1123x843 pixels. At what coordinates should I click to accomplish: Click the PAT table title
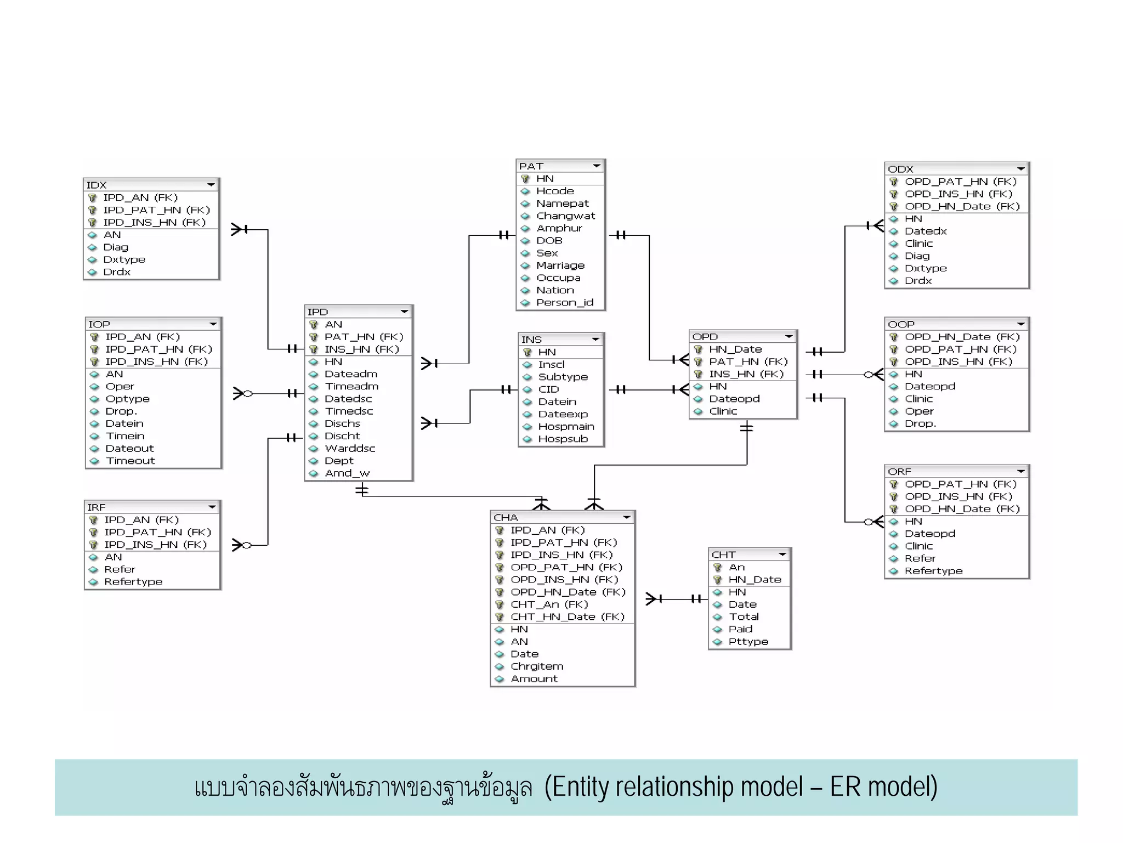click(531, 166)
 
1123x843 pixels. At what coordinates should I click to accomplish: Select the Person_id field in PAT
click(564, 303)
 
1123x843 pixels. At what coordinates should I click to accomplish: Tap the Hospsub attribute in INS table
click(563, 439)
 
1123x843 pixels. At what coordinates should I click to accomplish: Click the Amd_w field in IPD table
click(347, 473)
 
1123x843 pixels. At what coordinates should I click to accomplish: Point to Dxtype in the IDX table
click(124, 260)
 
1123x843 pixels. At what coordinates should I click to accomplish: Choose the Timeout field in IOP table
click(130, 461)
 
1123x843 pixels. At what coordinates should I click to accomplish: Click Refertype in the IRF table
click(133, 582)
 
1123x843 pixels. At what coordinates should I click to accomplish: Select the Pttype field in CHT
click(748, 642)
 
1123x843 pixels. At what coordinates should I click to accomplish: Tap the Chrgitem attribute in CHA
click(536, 666)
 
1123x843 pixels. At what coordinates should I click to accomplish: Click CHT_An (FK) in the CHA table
click(549, 604)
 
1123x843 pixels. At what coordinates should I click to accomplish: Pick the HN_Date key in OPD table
click(735, 349)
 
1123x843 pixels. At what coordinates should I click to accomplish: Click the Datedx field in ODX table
click(926, 231)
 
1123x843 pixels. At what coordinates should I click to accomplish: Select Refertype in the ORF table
click(933, 571)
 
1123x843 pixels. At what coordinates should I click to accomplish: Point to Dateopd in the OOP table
click(929, 387)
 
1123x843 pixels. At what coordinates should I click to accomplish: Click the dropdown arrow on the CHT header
click(782, 555)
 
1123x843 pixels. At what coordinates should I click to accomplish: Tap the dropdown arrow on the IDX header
click(211, 185)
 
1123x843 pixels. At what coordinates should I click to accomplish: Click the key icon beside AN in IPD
click(314, 325)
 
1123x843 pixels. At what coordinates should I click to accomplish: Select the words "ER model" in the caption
click(883, 787)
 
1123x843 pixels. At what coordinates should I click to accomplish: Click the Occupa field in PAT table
click(558, 278)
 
